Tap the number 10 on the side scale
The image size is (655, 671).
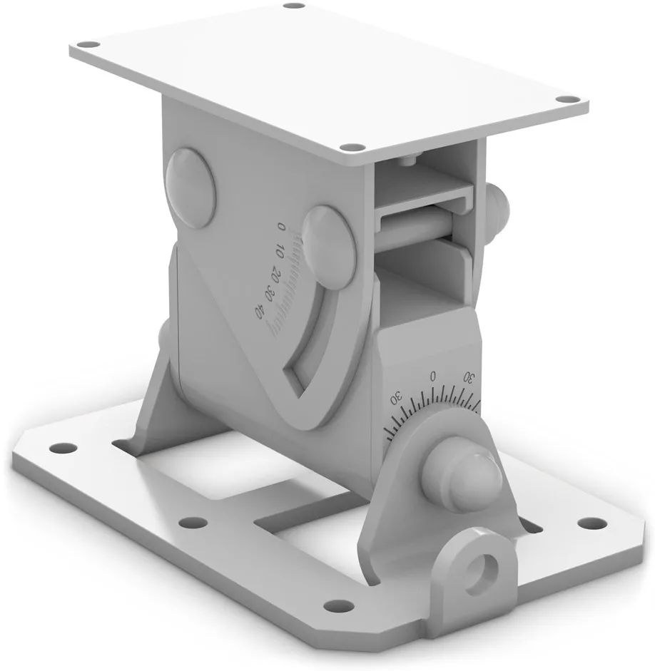280,252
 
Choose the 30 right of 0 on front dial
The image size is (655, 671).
469,376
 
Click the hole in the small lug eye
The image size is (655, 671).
488,568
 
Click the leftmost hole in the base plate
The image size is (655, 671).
63,449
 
